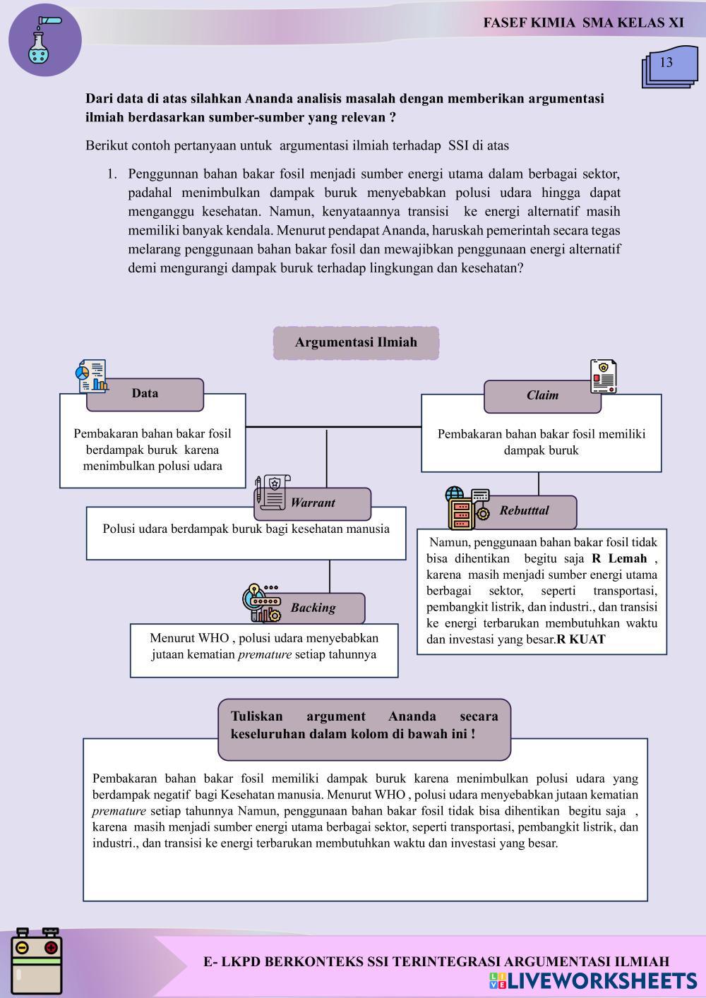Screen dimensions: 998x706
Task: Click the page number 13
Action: [666, 63]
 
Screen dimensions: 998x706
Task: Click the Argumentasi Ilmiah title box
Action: [356, 343]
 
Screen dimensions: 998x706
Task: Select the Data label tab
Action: [145, 394]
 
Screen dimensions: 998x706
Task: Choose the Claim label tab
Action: [542, 396]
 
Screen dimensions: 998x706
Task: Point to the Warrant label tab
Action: [313, 503]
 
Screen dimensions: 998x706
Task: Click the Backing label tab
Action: [313, 608]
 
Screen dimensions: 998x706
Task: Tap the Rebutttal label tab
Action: [524, 511]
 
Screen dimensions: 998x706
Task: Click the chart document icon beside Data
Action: [92, 376]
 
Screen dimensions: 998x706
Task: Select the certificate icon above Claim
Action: [603, 376]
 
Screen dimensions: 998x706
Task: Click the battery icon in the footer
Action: [37, 962]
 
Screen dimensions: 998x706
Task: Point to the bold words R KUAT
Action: [581, 640]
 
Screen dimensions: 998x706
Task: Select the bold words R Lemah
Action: [619, 559]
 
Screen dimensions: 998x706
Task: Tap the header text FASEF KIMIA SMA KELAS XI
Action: [583, 23]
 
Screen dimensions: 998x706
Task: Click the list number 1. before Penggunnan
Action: [112, 174]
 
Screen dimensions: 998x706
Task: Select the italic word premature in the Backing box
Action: [265, 655]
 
